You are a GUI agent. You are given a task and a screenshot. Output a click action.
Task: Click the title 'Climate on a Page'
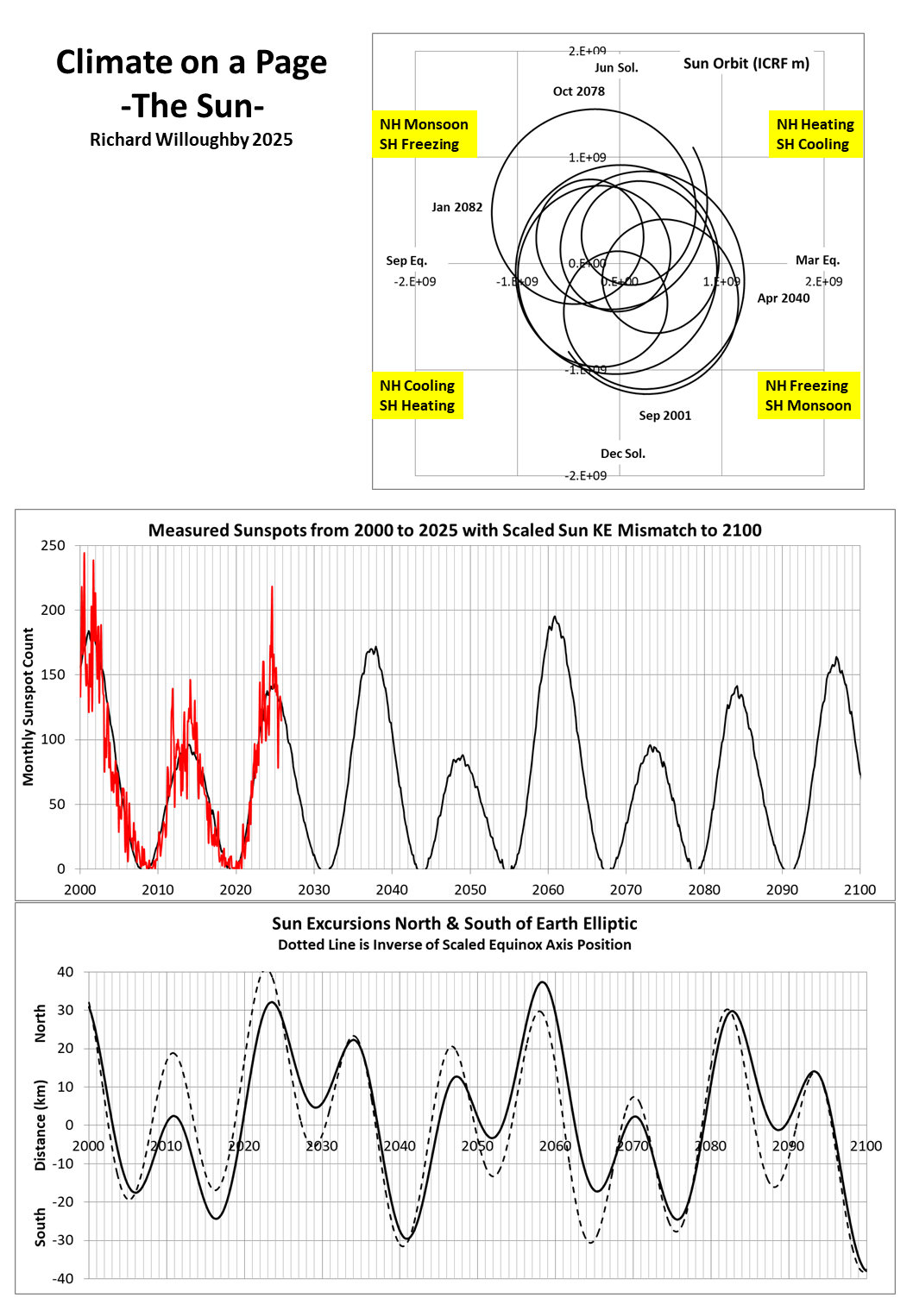click(x=192, y=63)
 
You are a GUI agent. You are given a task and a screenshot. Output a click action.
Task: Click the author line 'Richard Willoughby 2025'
click(x=192, y=140)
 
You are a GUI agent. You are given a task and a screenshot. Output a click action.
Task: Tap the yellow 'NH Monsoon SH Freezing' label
click(x=424, y=135)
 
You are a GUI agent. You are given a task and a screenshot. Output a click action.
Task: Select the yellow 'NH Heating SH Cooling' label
click(x=815, y=135)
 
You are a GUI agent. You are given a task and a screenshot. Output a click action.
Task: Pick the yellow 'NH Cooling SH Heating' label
click(x=418, y=396)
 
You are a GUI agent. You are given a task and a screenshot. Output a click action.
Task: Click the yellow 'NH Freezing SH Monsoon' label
click(x=808, y=396)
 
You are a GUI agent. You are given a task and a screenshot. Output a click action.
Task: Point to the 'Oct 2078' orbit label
click(x=579, y=91)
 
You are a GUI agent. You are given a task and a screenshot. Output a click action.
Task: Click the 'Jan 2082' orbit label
click(x=456, y=207)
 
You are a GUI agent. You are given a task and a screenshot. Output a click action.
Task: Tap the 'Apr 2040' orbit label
click(x=784, y=298)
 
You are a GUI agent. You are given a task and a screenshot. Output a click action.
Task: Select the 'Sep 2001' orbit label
click(x=664, y=416)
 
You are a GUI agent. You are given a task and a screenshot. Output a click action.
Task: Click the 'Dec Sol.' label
click(x=623, y=454)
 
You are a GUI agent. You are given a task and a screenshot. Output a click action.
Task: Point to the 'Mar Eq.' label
click(x=817, y=260)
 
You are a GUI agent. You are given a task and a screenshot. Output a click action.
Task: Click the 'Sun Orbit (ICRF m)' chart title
click(x=746, y=64)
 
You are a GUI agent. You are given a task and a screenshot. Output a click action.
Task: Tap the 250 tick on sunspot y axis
click(x=54, y=546)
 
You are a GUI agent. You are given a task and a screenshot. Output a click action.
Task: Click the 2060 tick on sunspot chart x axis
click(x=548, y=890)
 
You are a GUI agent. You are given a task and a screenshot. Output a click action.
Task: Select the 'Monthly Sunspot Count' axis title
click(x=28, y=706)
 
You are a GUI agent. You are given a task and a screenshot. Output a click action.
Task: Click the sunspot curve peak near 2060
click(x=555, y=617)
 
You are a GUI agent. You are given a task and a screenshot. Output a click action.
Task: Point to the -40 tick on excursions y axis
click(x=63, y=1279)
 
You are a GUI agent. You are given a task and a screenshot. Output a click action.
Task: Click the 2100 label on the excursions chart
click(x=866, y=1146)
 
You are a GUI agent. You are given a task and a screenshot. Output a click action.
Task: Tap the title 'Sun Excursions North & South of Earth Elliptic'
click(x=455, y=924)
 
